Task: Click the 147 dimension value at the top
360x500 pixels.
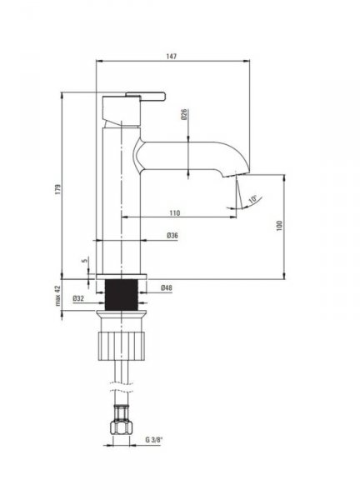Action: point(171,56)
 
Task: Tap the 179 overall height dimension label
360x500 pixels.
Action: point(57,189)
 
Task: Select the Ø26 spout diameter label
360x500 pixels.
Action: point(184,114)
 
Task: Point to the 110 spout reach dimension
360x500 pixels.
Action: point(174,213)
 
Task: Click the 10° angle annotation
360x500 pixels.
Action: point(252,199)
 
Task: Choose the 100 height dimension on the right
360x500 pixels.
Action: point(280,226)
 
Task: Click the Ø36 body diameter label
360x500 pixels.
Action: point(172,236)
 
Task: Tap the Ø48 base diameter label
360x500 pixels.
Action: point(166,287)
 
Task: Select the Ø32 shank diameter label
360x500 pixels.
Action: point(78,298)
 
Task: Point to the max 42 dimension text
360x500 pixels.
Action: point(57,296)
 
